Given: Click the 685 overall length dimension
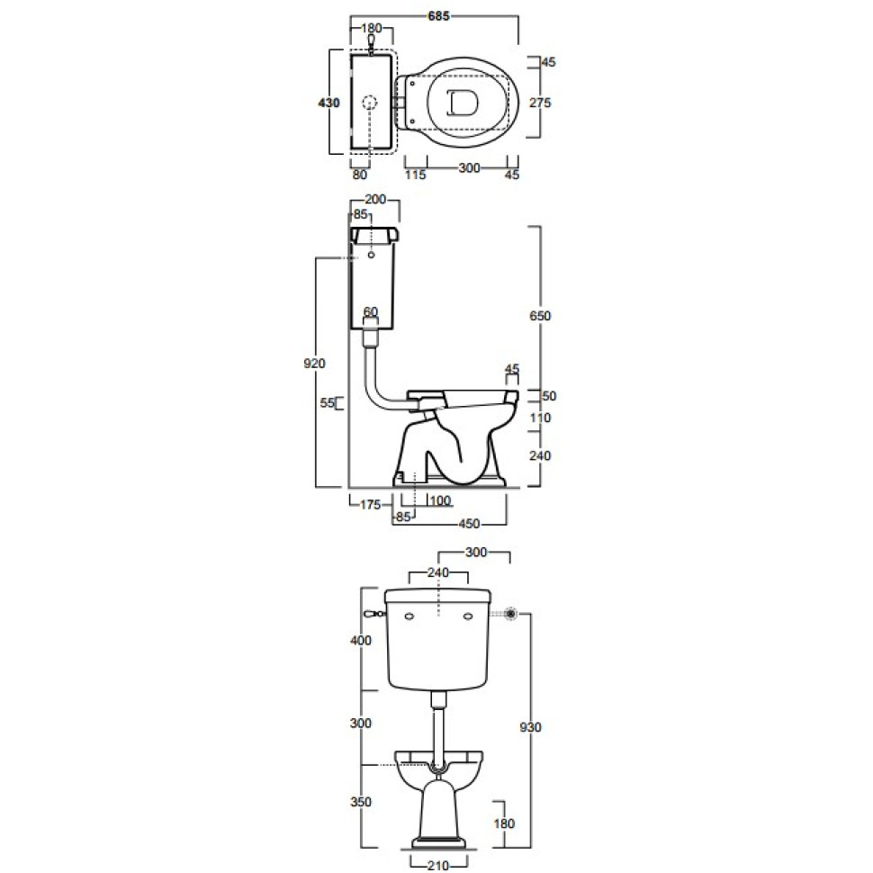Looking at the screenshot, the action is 438,16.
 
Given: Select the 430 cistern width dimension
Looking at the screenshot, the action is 328,103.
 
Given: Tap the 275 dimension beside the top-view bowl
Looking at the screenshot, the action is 539,103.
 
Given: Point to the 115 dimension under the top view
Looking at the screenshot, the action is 415,175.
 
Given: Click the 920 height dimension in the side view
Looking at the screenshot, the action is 314,364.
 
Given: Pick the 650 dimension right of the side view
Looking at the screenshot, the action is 539,316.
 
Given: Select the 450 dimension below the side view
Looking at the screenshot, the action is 469,524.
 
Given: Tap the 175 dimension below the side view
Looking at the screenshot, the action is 370,504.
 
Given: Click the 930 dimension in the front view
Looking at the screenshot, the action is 530,727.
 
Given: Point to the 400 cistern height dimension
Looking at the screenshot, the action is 360,640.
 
